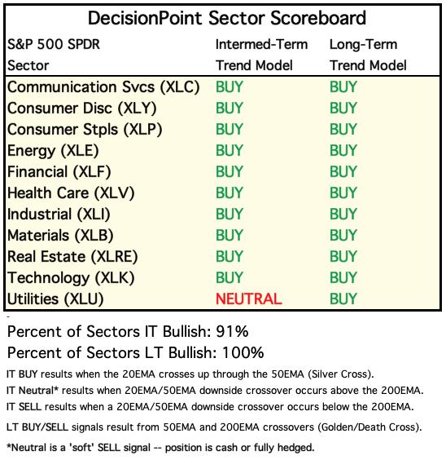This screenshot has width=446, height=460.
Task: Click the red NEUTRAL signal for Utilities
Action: click(249, 299)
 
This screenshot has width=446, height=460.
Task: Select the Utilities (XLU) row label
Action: click(55, 299)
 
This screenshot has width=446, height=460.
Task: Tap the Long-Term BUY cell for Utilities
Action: click(343, 299)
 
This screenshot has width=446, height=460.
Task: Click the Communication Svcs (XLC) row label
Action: click(103, 87)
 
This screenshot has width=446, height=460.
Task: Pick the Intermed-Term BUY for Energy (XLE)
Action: click(230, 151)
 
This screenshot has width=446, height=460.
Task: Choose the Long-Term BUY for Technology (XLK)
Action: click(343, 278)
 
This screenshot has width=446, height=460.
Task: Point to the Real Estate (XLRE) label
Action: click(72, 257)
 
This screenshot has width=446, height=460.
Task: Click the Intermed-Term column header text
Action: click(261, 45)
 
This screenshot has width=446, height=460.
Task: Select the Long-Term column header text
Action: click(364, 45)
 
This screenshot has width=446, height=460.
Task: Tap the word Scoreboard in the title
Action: click(318, 18)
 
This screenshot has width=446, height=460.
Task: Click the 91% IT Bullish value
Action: click(232, 331)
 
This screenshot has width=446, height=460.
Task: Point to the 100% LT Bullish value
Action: click(243, 352)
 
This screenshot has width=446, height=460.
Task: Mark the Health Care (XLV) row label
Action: click(71, 193)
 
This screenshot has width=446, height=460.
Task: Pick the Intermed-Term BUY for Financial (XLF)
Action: click(230, 171)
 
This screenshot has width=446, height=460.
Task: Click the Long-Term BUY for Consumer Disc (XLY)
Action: click(343, 108)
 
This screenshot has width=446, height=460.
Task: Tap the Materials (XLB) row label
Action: click(60, 236)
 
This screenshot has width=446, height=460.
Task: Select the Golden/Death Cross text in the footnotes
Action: click(369, 427)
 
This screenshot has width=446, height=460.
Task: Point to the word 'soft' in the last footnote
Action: click(81, 448)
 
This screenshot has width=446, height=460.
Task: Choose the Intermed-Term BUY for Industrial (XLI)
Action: click(230, 214)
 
